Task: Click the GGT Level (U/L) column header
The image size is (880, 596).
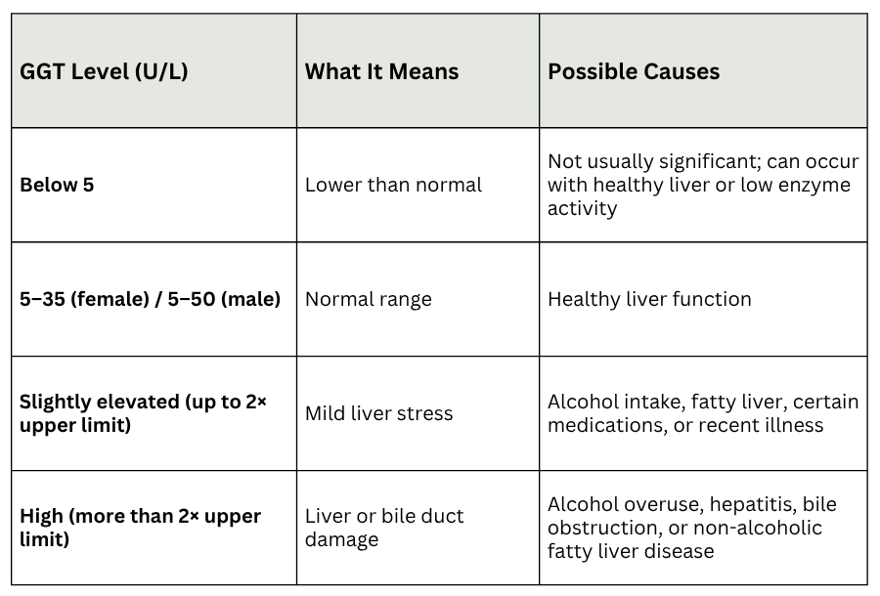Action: (104, 71)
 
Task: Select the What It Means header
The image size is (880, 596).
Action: (381, 71)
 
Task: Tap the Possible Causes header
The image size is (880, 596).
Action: (634, 71)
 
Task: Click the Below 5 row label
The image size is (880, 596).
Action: (57, 185)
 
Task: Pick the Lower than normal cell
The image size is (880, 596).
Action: (393, 185)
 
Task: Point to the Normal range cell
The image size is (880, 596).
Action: (368, 299)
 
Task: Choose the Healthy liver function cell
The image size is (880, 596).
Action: (649, 299)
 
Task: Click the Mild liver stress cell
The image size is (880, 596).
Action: (378, 413)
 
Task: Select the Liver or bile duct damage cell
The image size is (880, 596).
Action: (384, 528)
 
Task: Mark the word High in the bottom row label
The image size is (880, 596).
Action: (42, 516)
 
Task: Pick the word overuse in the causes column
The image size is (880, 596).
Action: (657, 505)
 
